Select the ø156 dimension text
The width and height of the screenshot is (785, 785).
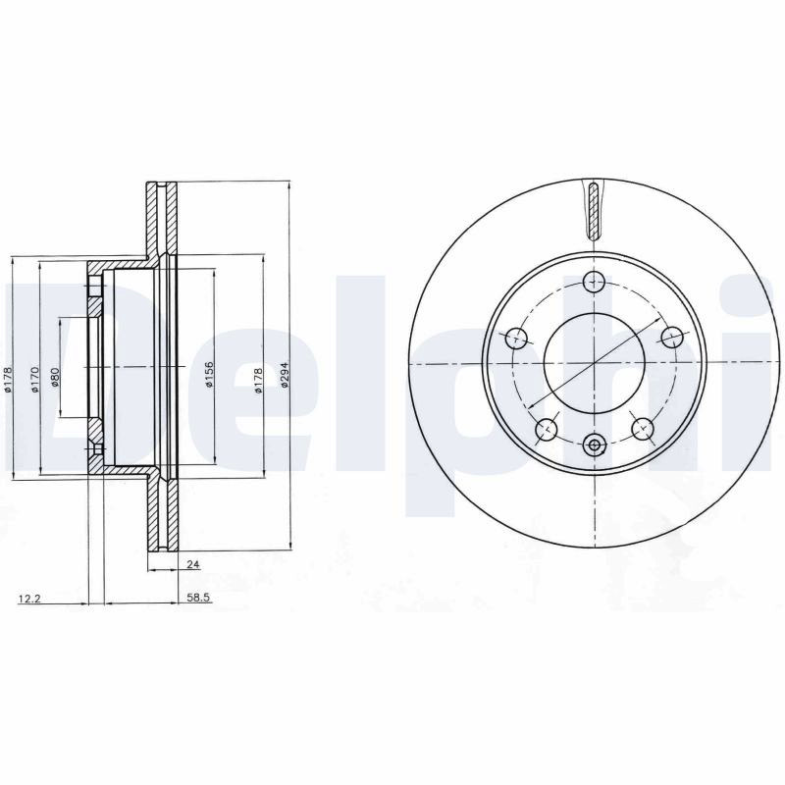tap(209, 374)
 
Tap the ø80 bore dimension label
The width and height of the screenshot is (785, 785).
tap(55, 377)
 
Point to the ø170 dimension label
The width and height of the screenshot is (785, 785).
tap(34, 379)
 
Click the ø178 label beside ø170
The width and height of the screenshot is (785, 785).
tap(7, 379)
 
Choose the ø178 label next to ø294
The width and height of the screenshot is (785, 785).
tap(258, 381)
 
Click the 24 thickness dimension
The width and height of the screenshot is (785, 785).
tap(193, 564)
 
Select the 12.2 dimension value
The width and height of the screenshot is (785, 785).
tap(29, 599)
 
